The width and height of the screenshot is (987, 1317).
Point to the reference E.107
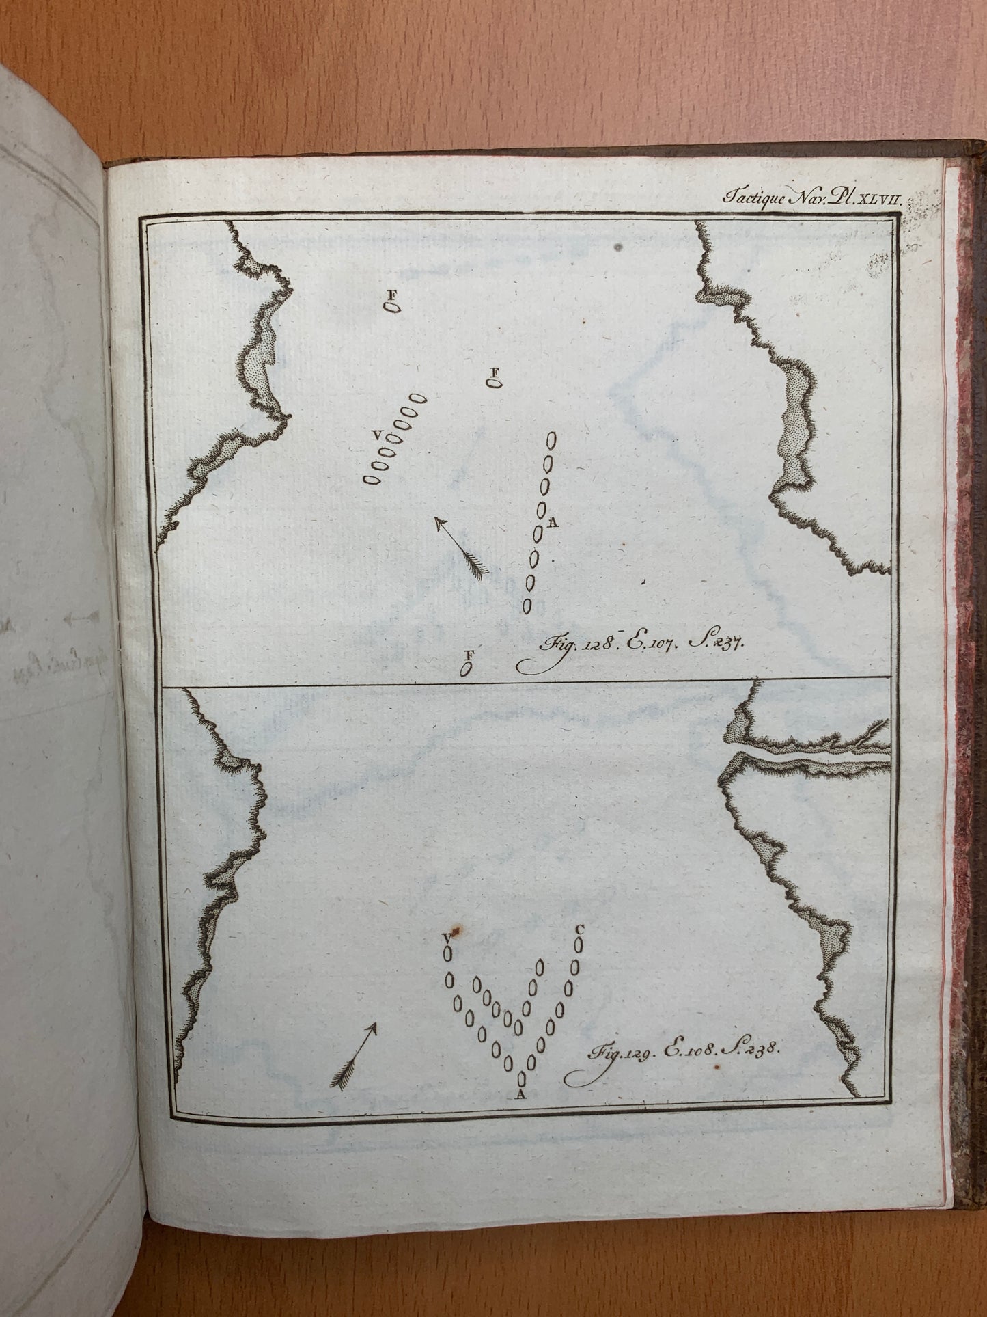[638, 643]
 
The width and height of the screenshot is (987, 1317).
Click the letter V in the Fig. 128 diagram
[376, 435]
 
